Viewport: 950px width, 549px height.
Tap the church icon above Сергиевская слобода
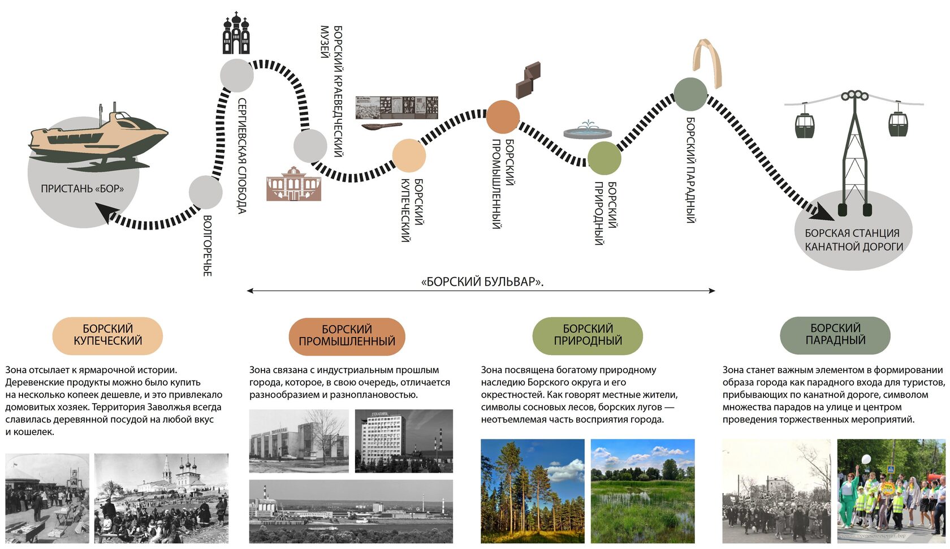click(x=236, y=35)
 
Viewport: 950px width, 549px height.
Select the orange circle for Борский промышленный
click(x=503, y=117)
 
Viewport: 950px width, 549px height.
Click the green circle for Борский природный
click(x=604, y=158)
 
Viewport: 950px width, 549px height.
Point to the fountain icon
click(x=588, y=131)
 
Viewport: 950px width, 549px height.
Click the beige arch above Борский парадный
click(x=707, y=62)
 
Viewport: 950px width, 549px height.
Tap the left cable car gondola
click(x=804, y=126)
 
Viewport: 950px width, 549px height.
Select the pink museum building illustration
click(x=294, y=184)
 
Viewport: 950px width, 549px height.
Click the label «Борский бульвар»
click(x=482, y=282)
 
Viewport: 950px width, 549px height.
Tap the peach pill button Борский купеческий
click(x=107, y=335)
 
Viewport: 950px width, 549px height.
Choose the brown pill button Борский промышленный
click(x=347, y=336)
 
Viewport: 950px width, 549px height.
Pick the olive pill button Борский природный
click(x=588, y=335)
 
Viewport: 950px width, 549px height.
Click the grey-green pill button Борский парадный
click(x=835, y=335)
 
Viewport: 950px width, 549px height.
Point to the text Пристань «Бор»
click(x=82, y=189)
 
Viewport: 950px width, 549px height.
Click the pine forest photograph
click(x=532, y=491)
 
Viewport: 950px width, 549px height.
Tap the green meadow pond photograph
click(x=642, y=491)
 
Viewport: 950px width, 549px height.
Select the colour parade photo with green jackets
click(x=891, y=491)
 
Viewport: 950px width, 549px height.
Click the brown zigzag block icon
click(x=528, y=80)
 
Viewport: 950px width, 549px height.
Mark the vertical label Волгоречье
click(x=208, y=245)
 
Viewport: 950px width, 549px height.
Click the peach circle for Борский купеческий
click(x=409, y=155)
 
